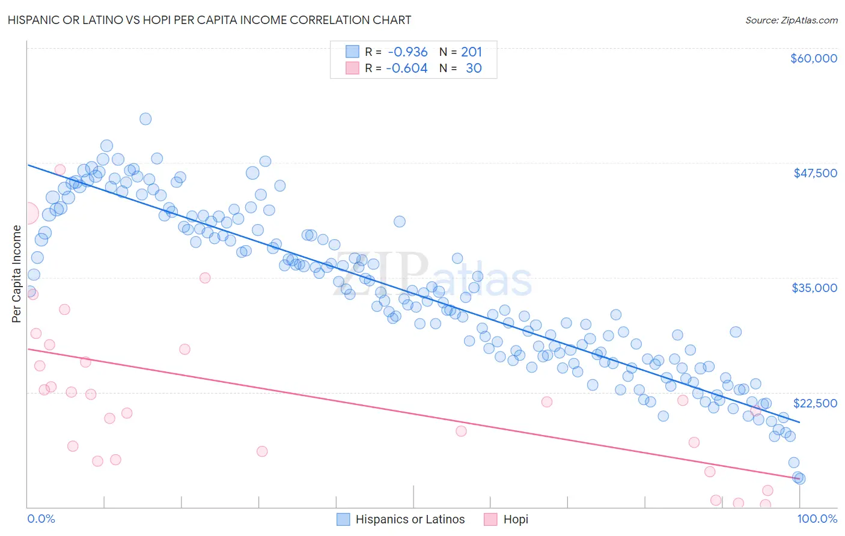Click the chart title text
[x=209, y=20]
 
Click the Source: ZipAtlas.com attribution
[x=791, y=20]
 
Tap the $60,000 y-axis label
[x=813, y=58]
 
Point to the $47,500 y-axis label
[x=815, y=173]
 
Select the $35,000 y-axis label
[x=814, y=288]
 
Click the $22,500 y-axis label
[x=815, y=403]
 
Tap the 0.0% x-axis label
[x=41, y=519]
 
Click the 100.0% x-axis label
[x=817, y=519]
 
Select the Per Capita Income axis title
[x=17, y=273]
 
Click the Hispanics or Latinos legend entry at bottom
[x=410, y=519]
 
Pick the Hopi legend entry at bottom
[x=515, y=519]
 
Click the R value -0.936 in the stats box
[x=407, y=52]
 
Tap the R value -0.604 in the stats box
[x=407, y=69]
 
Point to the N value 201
[x=471, y=52]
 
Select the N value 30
[x=474, y=69]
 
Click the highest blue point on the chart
[x=145, y=119]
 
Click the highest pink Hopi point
[x=60, y=169]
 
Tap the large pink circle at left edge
[x=27, y=213]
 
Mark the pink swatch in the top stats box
[x=352, y=68]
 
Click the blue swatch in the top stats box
[x=352, y=52]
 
